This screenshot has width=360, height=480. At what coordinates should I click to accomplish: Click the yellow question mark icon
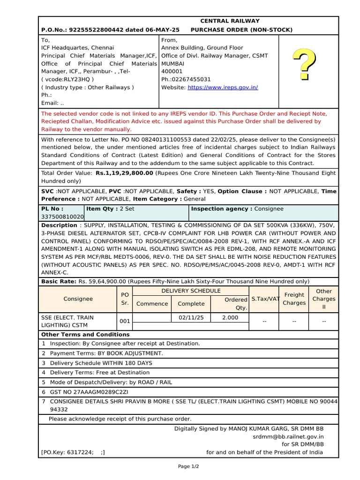pyautogui.click(x=304, y=64)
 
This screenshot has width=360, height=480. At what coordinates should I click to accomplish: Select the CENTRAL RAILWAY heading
pyautogui.click(x=230, y=21)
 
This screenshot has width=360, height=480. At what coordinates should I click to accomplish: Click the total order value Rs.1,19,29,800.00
pyautogui.click(x=124, y=173)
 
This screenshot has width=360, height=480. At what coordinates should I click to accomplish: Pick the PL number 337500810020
pyautogui.click(x=62, y=217)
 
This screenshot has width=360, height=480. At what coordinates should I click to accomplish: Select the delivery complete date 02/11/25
pyautogui.click(x=191, y=318)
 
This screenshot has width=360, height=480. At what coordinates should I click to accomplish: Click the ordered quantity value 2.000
pyautogui.click(x=230, y=318)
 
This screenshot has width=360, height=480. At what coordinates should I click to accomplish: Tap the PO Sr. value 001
pyautogui.click(x=125, y=322)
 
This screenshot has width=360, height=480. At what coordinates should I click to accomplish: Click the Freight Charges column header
pyautogui.click(x=294, y=299)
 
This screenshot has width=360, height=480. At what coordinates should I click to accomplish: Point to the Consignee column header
pyautogui.click(x=78, y=299)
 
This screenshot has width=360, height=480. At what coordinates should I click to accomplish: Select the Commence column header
pyautogui.click(x=152, y=304)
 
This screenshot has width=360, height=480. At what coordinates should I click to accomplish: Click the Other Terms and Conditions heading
pyautogui.click(x=85, y=335)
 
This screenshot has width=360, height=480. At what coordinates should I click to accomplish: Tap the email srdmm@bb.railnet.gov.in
pyautogui.click(x=288, y=436)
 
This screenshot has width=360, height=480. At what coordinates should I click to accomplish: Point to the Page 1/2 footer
pyautogui.click(x=188, y=466)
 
